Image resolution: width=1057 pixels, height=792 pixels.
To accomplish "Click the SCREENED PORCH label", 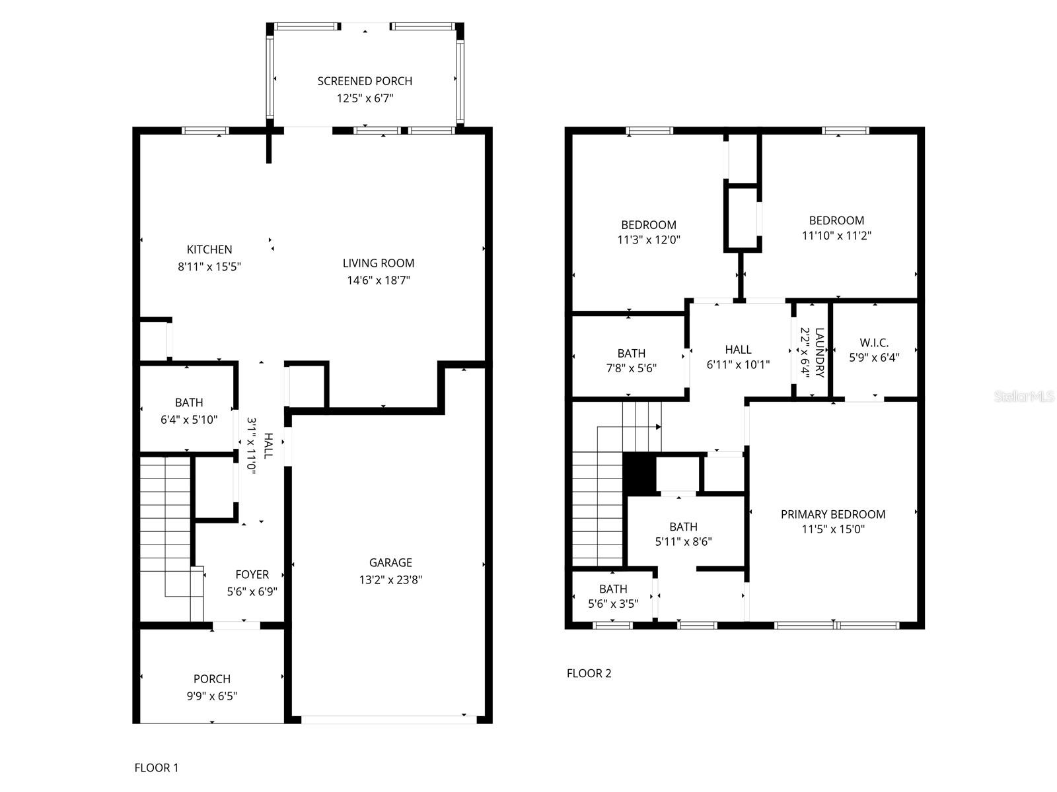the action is (x=365, y=81).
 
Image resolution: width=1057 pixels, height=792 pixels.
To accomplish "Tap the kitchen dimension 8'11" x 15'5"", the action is (x=209, y=267).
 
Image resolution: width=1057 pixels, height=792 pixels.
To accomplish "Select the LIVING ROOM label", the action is (x=378, y=263).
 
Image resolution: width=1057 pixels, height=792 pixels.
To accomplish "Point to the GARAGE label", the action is (x=390, y=562).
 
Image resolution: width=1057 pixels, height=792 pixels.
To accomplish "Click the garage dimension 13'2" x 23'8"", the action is (x=390, y=579).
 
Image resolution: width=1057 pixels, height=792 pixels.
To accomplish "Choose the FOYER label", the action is (x=252, y=574).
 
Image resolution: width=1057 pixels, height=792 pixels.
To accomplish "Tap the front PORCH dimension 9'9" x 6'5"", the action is (x=212, y=696).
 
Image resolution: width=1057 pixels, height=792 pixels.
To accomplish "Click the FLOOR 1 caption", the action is (x=156, y=768).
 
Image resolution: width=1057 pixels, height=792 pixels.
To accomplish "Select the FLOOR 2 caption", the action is (x=589, y=673).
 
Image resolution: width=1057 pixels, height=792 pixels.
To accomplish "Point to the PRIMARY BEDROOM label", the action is (x=832, y=514).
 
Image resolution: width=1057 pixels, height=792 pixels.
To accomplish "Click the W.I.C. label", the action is (x=873, y=343).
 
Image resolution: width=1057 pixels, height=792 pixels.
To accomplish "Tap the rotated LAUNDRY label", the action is (x=820, y=352).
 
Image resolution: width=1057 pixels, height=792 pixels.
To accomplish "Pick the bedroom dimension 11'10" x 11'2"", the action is (x=836, y=236).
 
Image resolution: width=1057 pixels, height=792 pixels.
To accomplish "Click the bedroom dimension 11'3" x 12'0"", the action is (x=648, y=240).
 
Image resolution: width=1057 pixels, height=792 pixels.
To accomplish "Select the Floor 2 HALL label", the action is (x=738, y=350).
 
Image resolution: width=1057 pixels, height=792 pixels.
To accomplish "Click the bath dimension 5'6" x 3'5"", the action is (x=612, y=603).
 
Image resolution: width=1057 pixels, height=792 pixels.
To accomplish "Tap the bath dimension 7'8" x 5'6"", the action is (x=631, y=368).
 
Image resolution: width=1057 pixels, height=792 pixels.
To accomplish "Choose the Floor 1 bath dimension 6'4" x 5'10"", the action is (x=189, y=420).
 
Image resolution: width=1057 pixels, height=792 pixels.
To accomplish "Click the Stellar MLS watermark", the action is (x=1023, y=396).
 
